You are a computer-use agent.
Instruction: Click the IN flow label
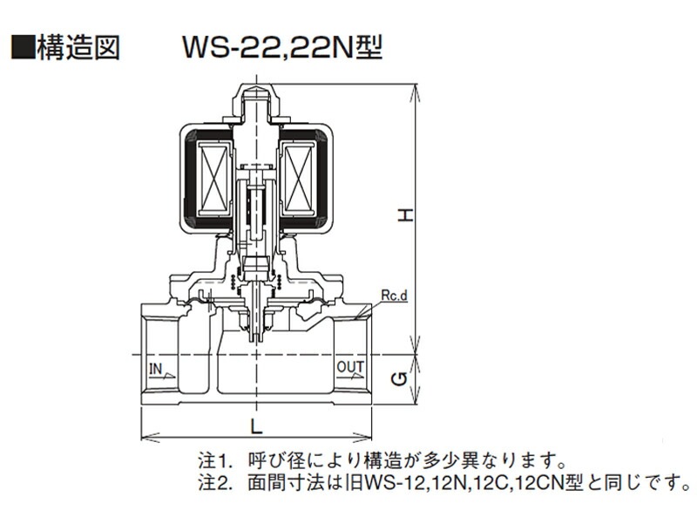(x=156, y=368)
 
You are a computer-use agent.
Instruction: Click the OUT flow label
(x=350, y=367)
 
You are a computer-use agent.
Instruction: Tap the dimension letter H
(x=405, y=215)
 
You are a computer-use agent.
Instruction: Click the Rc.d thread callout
(x=394, y=296)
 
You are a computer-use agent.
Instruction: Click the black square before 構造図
(x=23, y=48)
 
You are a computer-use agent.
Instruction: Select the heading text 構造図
(x=78, y=48)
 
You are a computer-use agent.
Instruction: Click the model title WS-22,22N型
(x=282, y=47)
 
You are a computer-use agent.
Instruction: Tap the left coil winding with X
(x=214, y=180)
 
